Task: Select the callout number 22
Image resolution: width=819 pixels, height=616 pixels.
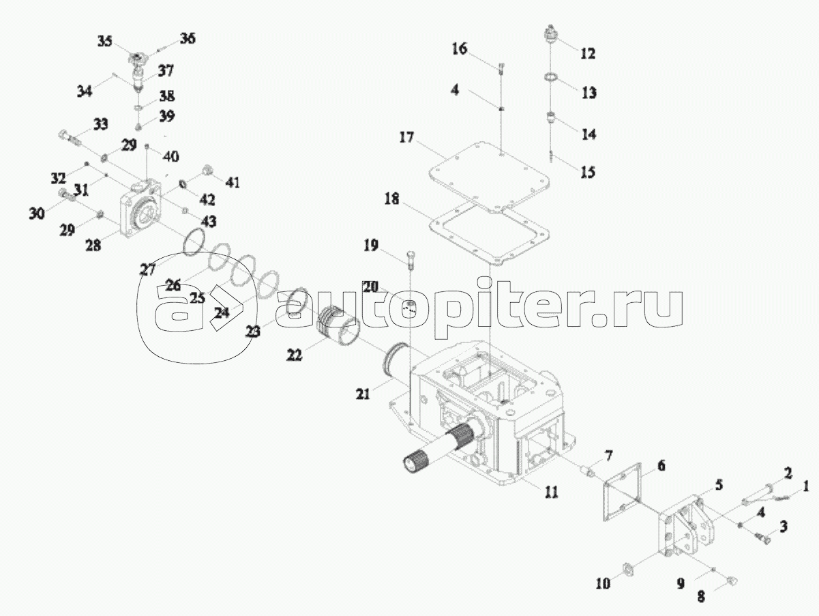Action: [x=295, y=356]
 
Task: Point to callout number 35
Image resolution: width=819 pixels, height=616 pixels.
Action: [x=104, y=42]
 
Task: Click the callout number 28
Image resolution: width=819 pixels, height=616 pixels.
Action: [x=93, y=245]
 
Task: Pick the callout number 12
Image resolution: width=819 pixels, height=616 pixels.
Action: [x=587, y=53]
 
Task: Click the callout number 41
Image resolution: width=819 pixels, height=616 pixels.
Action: [x=233, y=182]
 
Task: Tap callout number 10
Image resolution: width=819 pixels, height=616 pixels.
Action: [x=604, y=584]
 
